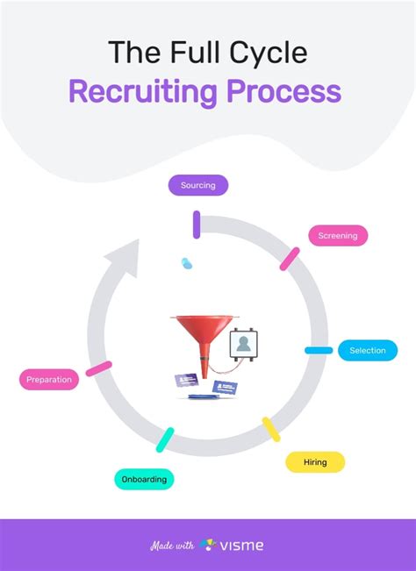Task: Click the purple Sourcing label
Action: click(197, 185)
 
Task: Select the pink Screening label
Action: click(338, 235)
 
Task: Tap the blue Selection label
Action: click(367, 351)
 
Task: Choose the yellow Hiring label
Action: click(315, 462)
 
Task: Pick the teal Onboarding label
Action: click(145, 479)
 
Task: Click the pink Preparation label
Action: click(49, 380)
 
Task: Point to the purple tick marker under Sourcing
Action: click(197, 225)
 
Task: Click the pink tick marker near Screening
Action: click(290, 259)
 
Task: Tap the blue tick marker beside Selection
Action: click(319, 351)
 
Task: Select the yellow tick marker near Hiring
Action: click(271, 429)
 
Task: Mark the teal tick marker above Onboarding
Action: click(165, 439)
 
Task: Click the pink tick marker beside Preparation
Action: click(98, 368)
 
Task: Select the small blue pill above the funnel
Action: click(186, 263)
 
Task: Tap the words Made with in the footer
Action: click(172, 546)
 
